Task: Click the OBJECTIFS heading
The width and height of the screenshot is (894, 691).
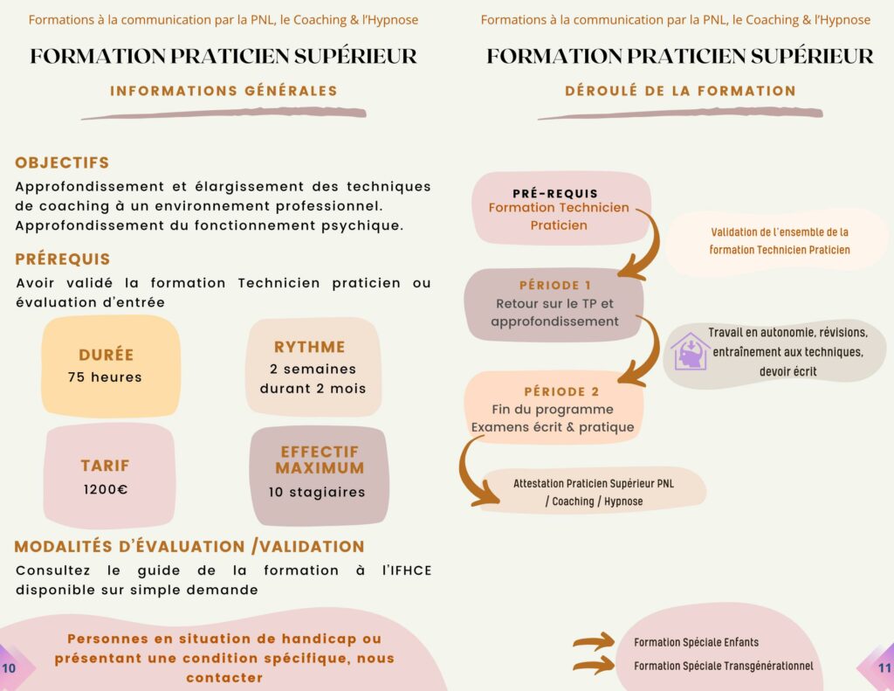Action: pos(62,162)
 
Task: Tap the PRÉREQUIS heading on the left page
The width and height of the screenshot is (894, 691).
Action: pos(63,259)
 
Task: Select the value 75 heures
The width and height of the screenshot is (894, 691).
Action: pos(105,377)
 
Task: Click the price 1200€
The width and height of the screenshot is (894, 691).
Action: pos(106,489)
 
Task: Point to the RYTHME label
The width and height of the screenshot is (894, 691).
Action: pos(310,347)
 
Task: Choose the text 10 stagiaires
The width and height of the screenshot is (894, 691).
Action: pos(317,492)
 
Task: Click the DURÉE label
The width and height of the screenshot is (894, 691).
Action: pos(106,355)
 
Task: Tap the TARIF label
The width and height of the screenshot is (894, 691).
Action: pos(106,466)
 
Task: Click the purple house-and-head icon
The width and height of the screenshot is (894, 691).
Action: pos(690,351)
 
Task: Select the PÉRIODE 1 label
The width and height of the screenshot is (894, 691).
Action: pos(554,286)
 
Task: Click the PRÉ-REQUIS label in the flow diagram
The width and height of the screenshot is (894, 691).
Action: pos(555,193)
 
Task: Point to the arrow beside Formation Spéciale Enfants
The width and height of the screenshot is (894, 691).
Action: pos(594,641)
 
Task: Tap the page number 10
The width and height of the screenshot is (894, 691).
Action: pos(9,668)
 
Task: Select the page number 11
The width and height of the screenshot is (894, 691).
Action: pos(884,668)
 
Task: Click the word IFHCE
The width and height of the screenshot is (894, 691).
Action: pos(407,570)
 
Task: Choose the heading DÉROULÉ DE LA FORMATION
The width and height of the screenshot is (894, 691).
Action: pos(680,91)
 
